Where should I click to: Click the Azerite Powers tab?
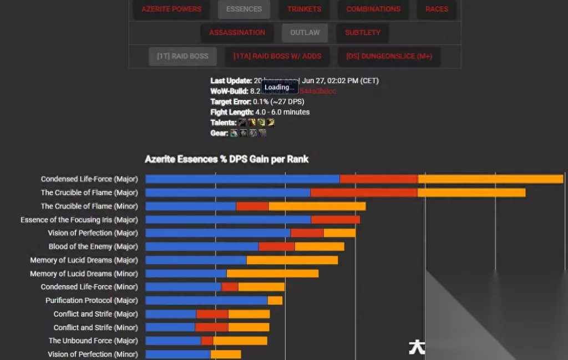(171, 9)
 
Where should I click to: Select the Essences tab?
(244, 9)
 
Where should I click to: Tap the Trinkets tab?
(304, 9)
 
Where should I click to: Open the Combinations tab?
(373, 9)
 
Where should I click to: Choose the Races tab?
(437, 9)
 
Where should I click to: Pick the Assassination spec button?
(237, 33)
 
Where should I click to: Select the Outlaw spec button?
(305, 33)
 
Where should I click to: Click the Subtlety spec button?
(363, 33)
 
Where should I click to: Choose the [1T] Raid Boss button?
(182, 56)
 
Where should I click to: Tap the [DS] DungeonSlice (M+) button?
(389, 56)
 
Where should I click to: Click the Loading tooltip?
(280, 88)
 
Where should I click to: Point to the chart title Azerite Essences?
(226, 159)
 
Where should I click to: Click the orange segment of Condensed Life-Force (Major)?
(490, 179)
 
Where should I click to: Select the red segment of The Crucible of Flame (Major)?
(364, 192)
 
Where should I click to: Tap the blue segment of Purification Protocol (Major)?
(206, 300)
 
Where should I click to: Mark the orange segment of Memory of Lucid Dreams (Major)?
(292, 260)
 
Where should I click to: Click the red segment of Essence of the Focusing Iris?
(336, 220)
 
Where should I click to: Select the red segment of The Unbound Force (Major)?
(207, 341)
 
